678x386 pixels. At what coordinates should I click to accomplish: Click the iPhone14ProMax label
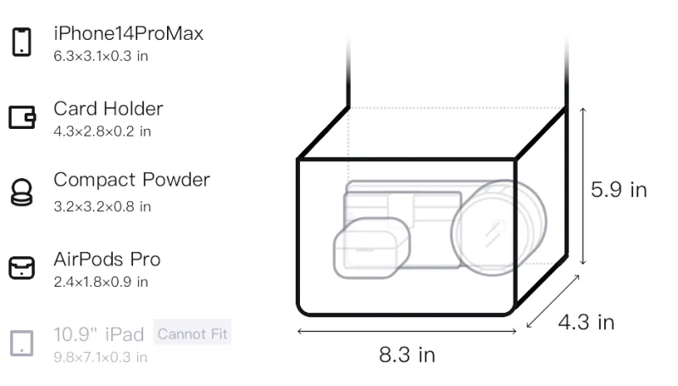(x=129, y=33)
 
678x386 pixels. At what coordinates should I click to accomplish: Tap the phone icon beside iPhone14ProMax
(x=21, y=42)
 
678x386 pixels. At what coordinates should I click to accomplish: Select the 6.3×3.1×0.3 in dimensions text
(x=101, y=56)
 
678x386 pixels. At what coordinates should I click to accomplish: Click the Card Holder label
(x=108, y=109)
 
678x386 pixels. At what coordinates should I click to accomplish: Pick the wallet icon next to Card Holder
(x=22, y=117)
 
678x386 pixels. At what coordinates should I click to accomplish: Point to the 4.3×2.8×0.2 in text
(x=102, y=131)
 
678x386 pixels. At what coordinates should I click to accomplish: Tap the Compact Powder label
(x=131, y=180)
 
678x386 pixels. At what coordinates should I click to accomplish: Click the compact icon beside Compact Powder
(x=22, y=192)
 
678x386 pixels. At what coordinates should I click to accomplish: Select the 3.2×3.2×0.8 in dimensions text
(x=102, y=206)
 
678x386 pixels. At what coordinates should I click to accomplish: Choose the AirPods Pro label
(x=107, y=260)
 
